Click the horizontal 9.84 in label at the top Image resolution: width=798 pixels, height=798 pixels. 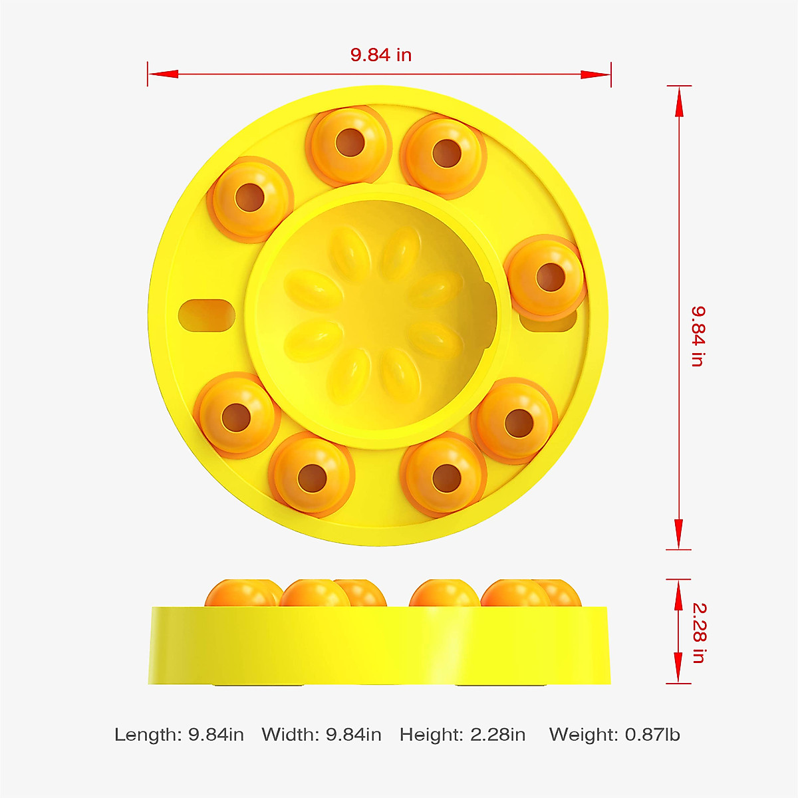click(x=380, y=55)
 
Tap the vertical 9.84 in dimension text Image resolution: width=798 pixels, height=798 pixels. click(x=697, y=336)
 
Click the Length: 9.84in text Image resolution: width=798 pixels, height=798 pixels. click(x=179, y=735)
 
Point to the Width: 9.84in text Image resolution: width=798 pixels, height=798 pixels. click(x=321, y=735)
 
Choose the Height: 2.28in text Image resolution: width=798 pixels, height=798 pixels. click(x=462, y=735)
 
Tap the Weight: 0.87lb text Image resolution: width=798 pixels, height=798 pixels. click(x=614, y=735)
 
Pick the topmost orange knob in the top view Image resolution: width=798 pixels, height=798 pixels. click(x=346, y=143)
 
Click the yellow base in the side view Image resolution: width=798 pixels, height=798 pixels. click(x=379, y=645)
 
